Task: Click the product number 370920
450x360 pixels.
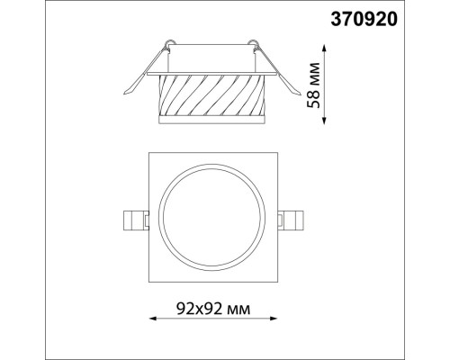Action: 395,16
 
